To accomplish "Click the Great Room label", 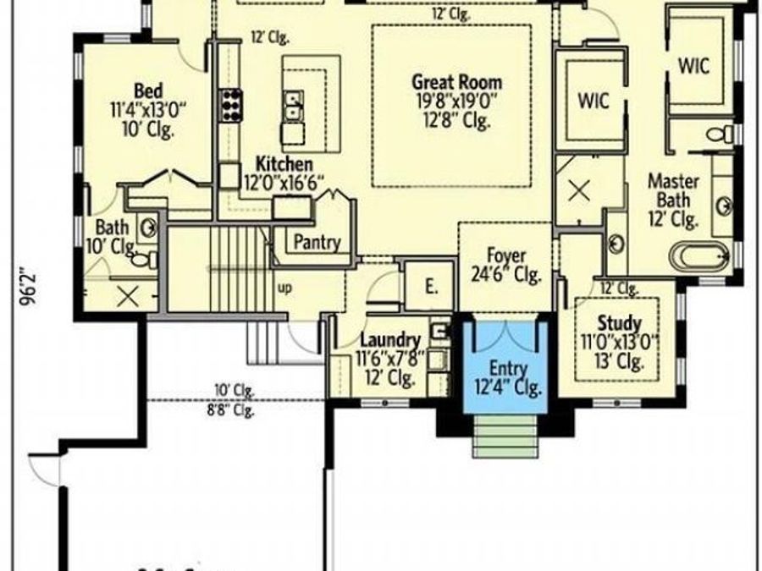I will pos(456,83).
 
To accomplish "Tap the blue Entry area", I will pos(505,368).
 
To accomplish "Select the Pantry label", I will pos(317,243).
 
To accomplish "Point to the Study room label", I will pos(619,323).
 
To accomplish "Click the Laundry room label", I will pos(390,338).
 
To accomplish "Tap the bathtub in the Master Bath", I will pos(698,255).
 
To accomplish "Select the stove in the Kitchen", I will pos(231,105).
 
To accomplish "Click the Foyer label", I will pos(506,255).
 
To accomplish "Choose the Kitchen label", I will pos(285,164).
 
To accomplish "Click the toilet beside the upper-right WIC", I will pos(722,134).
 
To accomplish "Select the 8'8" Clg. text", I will pos(232,412).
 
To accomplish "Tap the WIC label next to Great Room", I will pos(594,100).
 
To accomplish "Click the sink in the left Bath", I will pos(147,227).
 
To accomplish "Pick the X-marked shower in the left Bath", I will pos(127,296).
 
